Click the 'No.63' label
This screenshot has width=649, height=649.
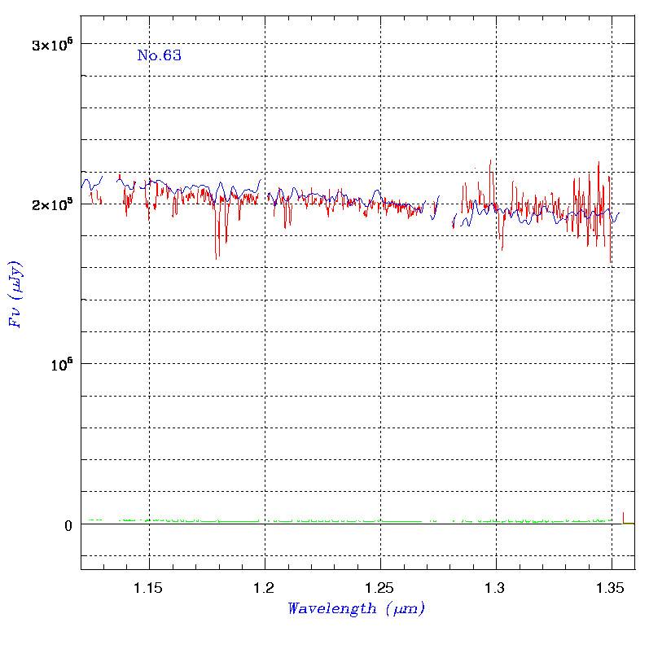point(159,56)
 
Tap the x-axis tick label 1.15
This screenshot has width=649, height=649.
point(148,587)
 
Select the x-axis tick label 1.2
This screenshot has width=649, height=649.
point(265,587)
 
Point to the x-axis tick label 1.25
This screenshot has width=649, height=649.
point(380,587)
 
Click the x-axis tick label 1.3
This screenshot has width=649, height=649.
point(495,587)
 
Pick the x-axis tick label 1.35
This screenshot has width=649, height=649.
point(611,587)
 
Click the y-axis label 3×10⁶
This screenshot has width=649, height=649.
point(53,44)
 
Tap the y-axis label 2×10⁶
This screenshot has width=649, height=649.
point(53,204)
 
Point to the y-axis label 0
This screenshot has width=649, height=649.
point(69,525)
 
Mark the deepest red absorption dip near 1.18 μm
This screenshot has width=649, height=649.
point(216,257)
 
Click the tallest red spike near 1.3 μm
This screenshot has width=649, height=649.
point(490,160)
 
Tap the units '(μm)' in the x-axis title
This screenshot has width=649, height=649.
point(403,608)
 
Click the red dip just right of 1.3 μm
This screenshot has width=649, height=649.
point(502,248)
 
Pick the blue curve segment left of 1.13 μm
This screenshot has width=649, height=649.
point(90,184)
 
